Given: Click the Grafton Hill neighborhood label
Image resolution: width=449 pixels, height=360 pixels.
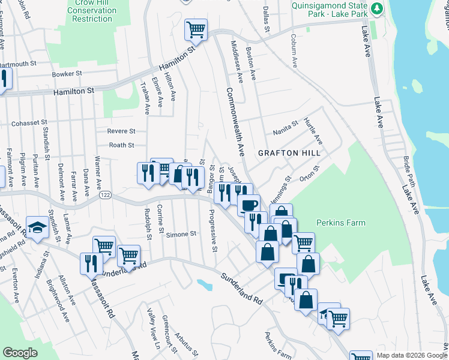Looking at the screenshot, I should (286, 153).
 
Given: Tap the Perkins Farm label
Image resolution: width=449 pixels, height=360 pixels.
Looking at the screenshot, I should (340, 223).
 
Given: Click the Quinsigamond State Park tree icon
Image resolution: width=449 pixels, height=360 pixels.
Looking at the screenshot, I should (376, 8).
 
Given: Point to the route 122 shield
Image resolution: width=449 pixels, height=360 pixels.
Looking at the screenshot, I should (106, 194).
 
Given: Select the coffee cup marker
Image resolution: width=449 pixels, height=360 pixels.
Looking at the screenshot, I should (249, 205).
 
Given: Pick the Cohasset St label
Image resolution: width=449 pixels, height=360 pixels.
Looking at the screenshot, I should (29, 122).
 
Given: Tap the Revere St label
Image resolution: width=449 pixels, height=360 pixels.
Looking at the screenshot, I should (121, 131).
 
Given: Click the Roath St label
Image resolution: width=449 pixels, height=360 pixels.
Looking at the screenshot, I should (122, 145).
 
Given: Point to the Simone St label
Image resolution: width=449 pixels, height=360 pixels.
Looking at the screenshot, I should (182, 234).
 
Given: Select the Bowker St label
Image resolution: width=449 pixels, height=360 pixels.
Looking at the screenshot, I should (66, 74).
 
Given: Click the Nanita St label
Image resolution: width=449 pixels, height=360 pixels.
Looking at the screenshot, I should (286, 127).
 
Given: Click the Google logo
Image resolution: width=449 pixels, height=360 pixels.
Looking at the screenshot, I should (20, 353).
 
